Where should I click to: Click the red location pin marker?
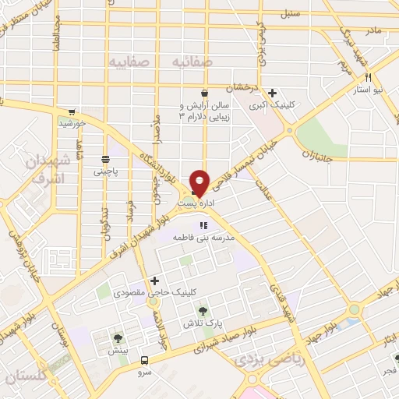point(199,183)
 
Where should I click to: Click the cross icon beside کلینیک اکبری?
point(272,93)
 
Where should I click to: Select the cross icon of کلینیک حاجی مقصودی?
point(154,281)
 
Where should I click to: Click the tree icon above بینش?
point(117,338)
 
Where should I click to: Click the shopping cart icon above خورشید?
point(72,111)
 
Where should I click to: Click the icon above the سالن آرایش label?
point(204,92)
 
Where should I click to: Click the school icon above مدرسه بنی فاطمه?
point(203,225)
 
